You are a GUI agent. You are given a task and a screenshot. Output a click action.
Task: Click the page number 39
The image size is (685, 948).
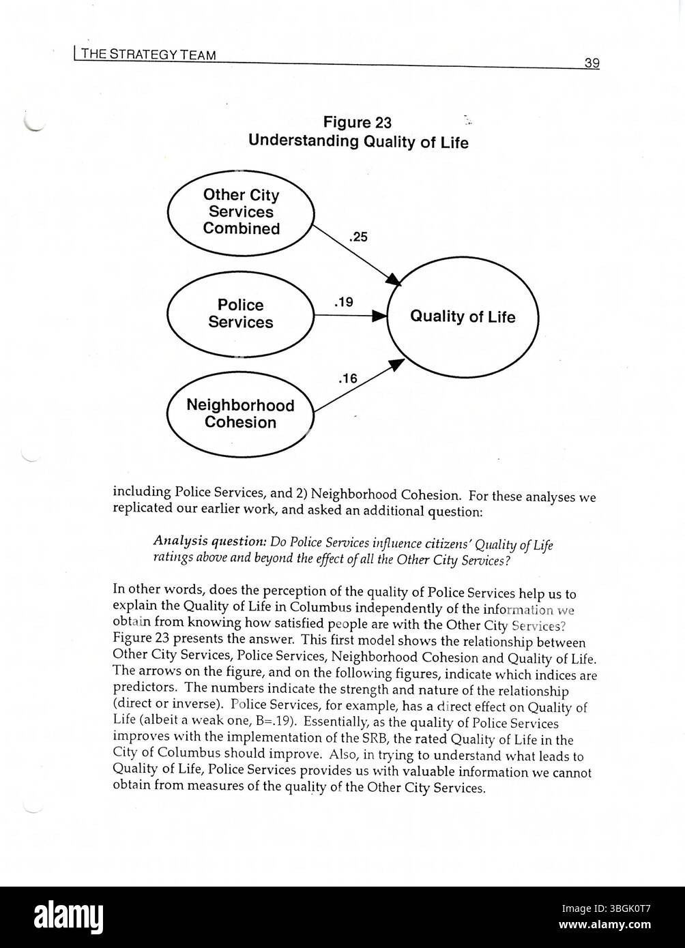592,63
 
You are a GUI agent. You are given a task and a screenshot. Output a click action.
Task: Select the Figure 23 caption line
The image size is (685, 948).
358,122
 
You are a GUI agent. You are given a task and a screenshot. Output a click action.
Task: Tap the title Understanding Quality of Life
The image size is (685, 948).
358,141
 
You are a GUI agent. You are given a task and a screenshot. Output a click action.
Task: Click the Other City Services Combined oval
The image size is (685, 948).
241,212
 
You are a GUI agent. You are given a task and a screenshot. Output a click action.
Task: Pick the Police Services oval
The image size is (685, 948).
240,314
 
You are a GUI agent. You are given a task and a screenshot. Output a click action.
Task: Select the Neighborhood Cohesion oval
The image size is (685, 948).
240,414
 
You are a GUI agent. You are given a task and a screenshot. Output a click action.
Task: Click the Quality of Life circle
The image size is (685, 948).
463,317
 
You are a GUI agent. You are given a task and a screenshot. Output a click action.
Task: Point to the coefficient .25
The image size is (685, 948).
358,237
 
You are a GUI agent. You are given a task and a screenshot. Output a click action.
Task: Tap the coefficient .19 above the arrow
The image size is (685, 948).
343,301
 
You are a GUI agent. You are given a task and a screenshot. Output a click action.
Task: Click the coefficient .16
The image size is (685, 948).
347,379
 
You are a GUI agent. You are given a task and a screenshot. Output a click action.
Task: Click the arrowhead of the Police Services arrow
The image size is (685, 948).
379,316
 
